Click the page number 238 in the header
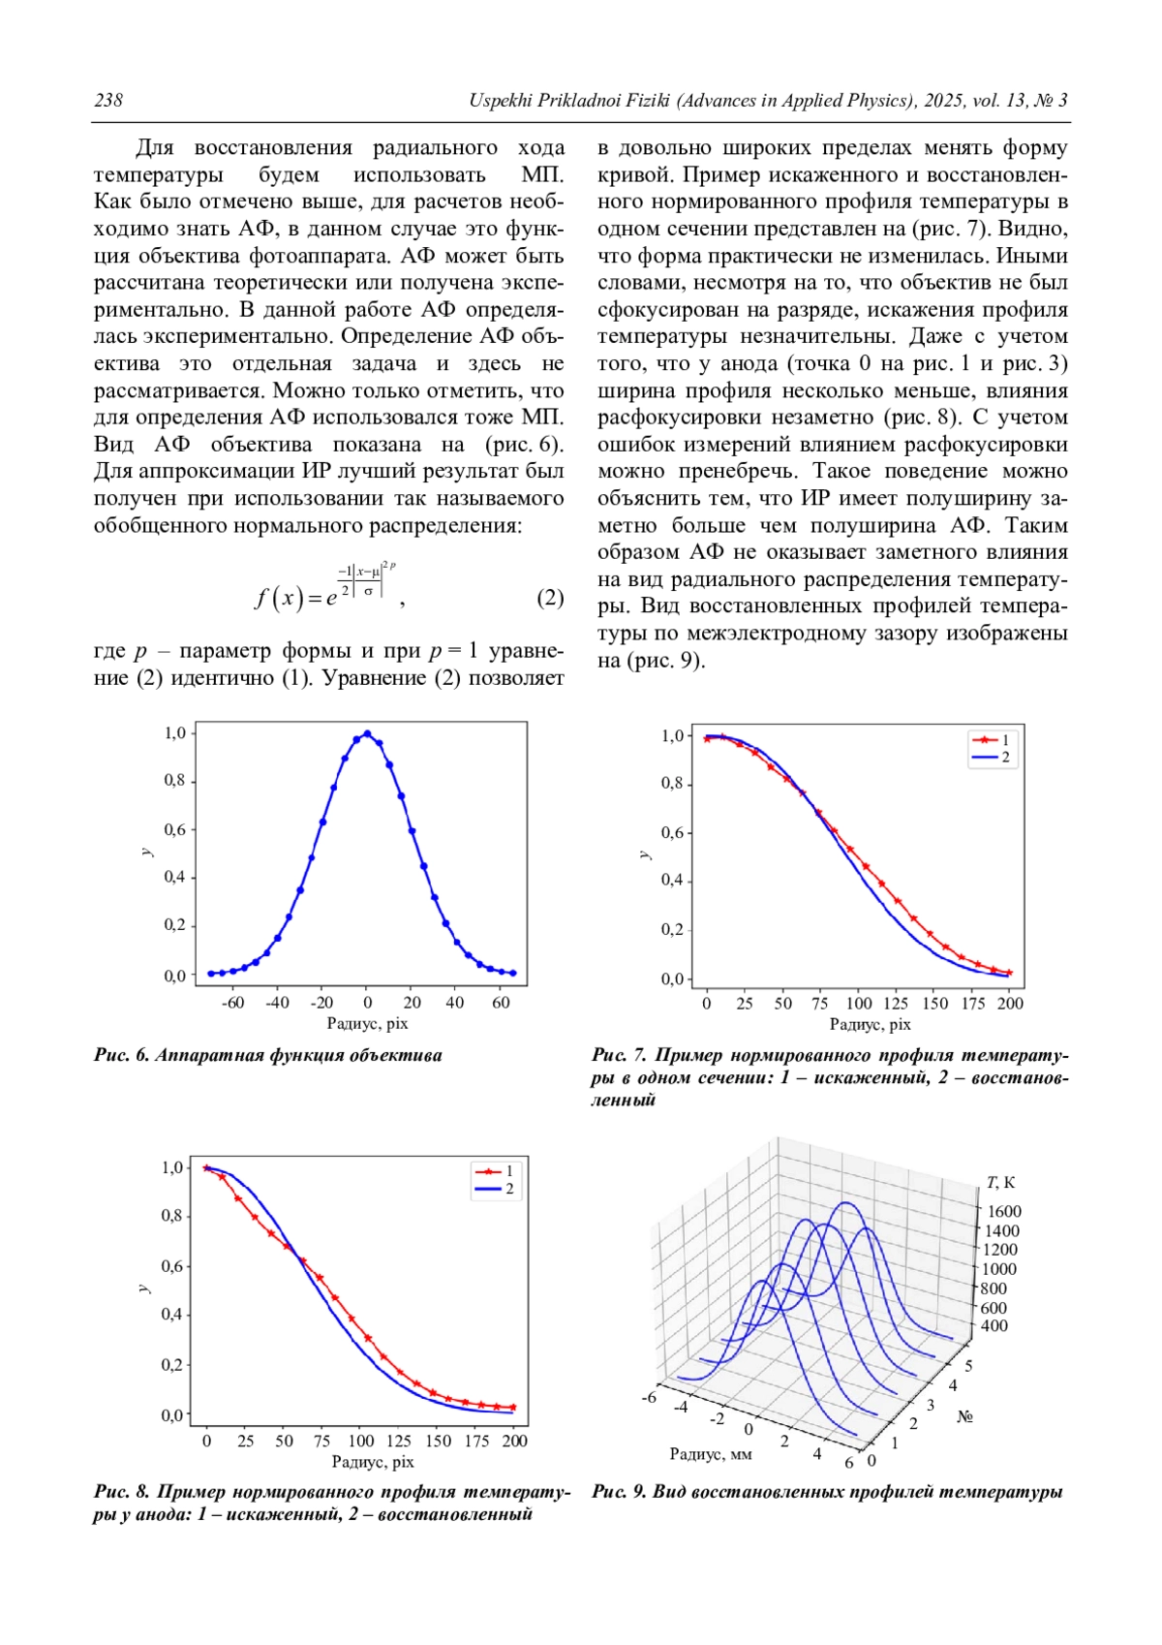tap(107, 101)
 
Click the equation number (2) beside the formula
tap(550, 598)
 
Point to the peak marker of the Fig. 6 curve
tap(367, 733)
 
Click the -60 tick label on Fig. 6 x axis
tap(232, 1003)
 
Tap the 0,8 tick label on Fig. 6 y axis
tap(174, 781)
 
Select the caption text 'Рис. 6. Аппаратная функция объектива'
tap(267, 1055)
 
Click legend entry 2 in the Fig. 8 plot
tap(497, 1189)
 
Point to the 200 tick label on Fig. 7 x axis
tap(1010, 1004)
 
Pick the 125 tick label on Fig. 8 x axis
tap(399, 1441)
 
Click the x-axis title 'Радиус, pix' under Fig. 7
tap(870, 1024)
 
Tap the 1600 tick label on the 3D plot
tap(1004, 1211)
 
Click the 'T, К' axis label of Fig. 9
tap(1000, 1182)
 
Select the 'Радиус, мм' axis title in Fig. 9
tap(710, 1453)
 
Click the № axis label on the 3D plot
tap(964, 1416)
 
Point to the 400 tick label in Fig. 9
tap(994, 1325)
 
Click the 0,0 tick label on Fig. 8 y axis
tap(172, 1414)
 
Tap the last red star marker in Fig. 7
tap(1009, 972)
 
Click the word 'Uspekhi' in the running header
tap(500, 101)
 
